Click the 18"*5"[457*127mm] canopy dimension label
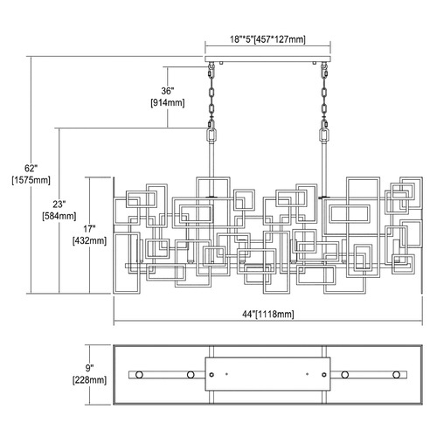[267, 39]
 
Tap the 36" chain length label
[168, 91]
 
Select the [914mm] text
[168, 103]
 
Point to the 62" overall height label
[31, 168]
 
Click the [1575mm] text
[31, 180]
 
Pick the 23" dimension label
[59, 205]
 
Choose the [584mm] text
[59, 216]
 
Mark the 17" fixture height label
[89, 229]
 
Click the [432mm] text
[89, 240]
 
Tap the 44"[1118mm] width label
[268, 314]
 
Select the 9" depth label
[89, 368]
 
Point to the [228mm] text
[89, 380]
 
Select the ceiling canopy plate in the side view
[267, 59]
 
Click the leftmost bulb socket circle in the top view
[139, 375]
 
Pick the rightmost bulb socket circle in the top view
[396, 375]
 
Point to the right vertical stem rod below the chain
[324, 169]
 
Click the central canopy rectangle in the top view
[267, 374]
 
